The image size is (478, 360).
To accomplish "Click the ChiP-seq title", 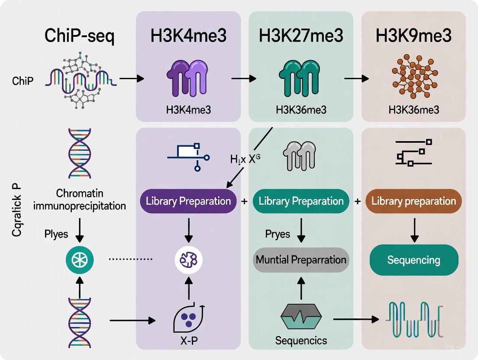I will pyautogui.click(x=80, y=36).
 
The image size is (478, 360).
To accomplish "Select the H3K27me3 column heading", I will pyautogui.click(x=301, y=36).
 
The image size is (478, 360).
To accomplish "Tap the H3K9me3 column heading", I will pyautogui.click(x=414, y=36).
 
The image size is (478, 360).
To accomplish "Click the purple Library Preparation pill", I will pyautogui.click(x=188, y=201).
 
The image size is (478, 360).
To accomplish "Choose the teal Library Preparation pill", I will pyautogui.click(x=301, y=201).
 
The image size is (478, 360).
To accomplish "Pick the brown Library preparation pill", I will pyautogui.click(x=414, y=201).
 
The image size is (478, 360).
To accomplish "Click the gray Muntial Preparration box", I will pyautogui.click(x=301, y=260).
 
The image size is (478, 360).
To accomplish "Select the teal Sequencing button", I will pyautogui.click(x=413, y=260).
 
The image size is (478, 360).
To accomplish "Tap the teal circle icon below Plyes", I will pyautogui.click(x=80, y=260).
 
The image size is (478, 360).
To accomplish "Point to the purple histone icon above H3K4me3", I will pyautogui.click(x=188, y=78).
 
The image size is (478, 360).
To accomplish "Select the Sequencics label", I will pyautogui.click(x=301, y=341).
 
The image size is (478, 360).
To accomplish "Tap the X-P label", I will pyautogui.click(x=188, y=341).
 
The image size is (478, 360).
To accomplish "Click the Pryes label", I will pyautogui.click(x=278, y=234).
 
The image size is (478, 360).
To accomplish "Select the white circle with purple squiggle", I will pyautogui.click(x=188, y=260).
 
